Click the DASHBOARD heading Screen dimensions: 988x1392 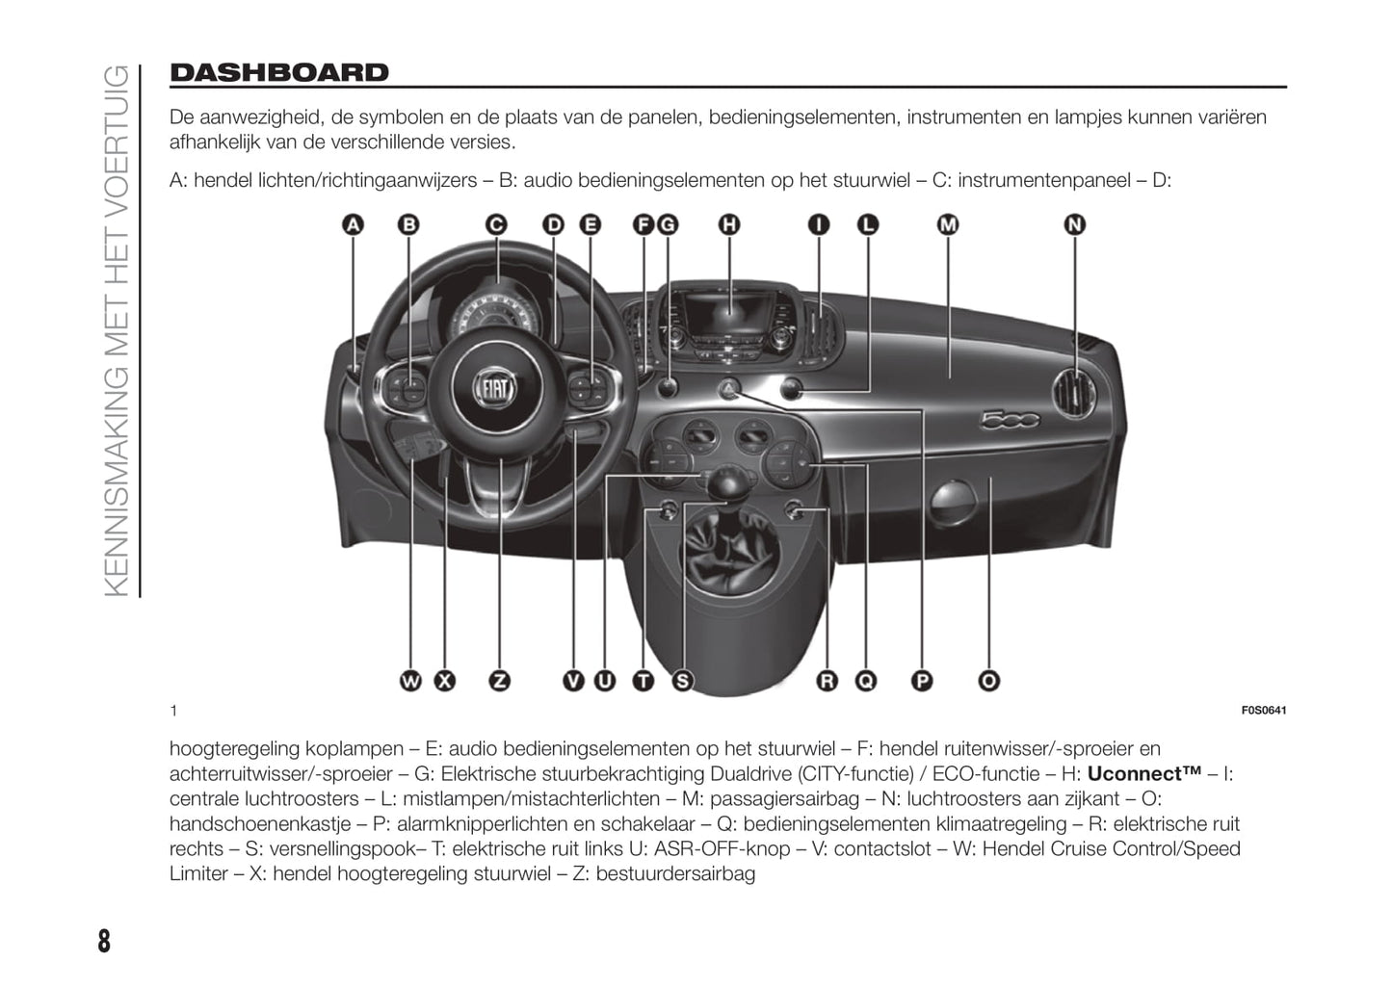click(279, 73)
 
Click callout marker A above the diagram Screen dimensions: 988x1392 click(354, 225)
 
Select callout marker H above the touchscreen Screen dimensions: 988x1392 click(729, 225)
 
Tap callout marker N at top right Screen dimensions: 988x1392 click(1074, 225)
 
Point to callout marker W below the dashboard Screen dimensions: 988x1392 click(411, 681)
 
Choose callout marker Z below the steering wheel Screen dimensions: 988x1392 click(500, 681)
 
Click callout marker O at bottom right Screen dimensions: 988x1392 click(988, 681)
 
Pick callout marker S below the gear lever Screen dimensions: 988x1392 click(682, 681)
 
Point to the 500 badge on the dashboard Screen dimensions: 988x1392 click(1009, 420)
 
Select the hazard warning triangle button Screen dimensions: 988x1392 click(730, 389)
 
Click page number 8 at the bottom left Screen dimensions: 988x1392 click(104, 940)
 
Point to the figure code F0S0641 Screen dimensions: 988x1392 click(1263, 711)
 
